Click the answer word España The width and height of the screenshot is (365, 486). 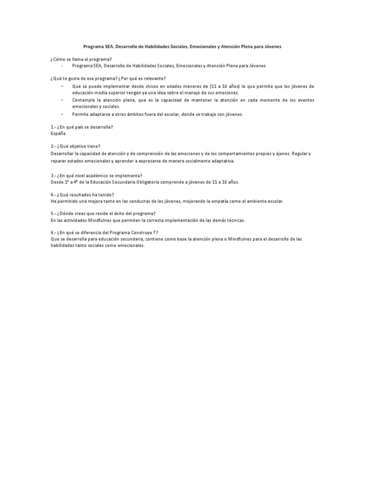point(58,133)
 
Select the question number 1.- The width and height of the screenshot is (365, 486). point(53,127)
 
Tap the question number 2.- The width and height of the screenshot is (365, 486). point(53,147)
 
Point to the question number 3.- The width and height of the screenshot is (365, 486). point(53,175)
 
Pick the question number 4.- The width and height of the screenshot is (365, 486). point(53,195)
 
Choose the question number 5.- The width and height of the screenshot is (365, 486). point(53,214)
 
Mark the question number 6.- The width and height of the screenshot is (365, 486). point(53,232)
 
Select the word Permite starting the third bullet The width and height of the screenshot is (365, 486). point(81,114)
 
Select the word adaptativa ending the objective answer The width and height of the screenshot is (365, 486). point(222,161)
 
